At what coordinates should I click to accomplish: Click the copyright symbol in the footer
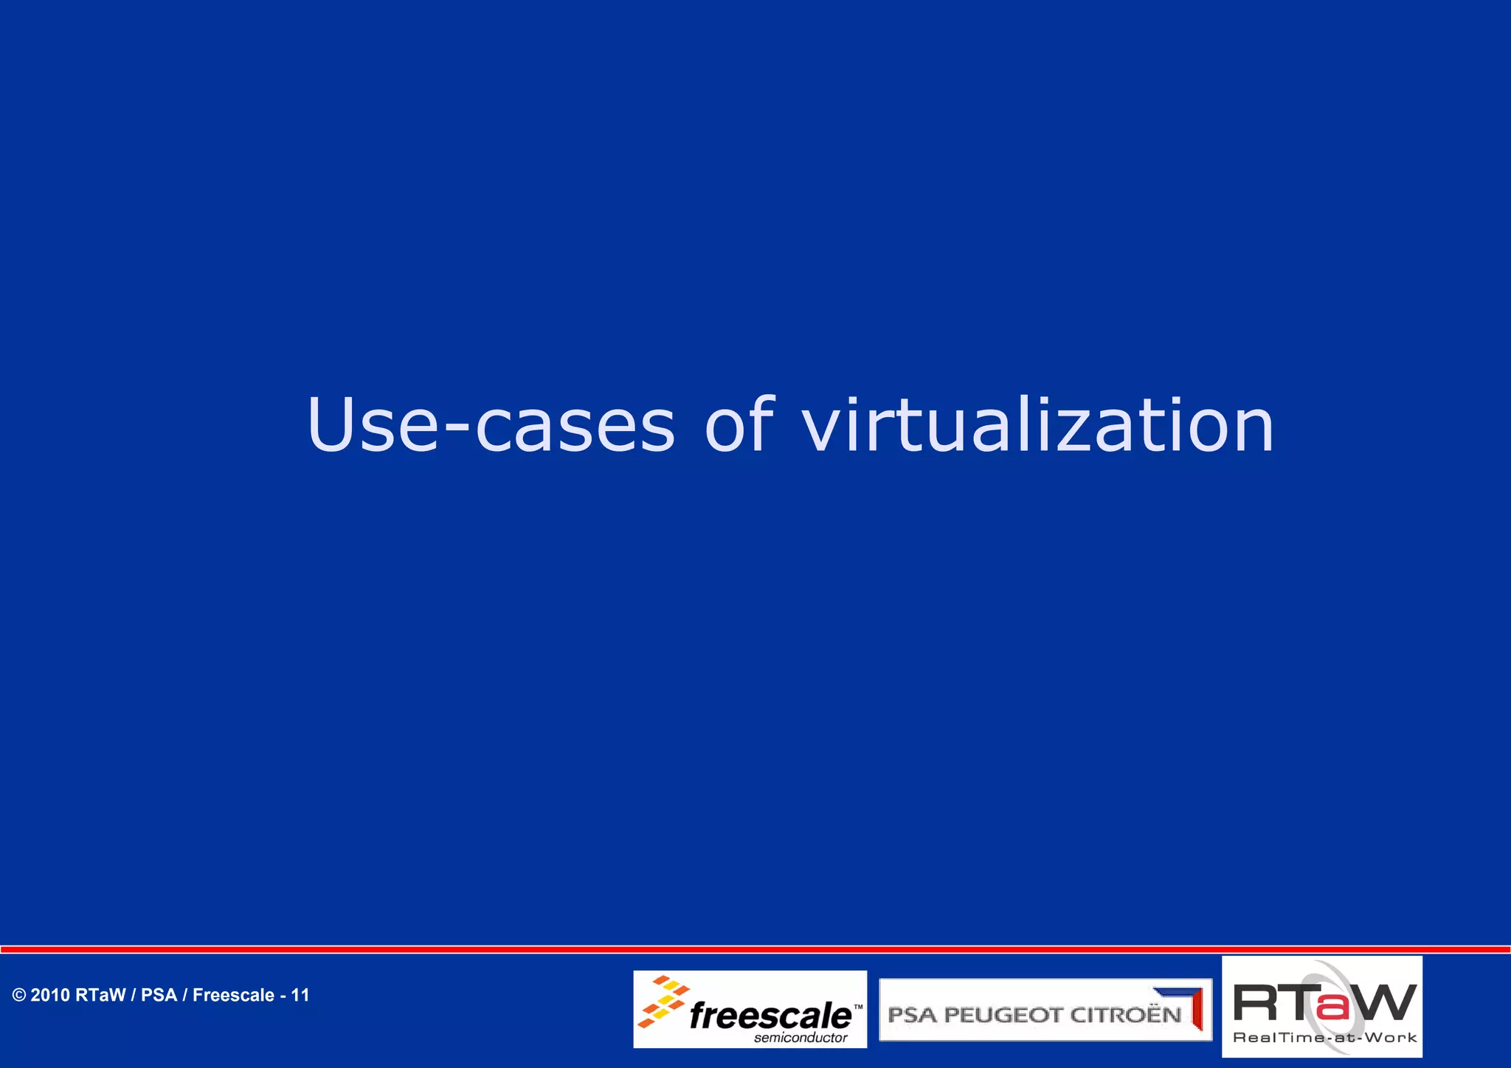coord(19,996)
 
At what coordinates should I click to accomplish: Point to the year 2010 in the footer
coord(50,996)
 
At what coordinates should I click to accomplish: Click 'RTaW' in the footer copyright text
coord(100,996)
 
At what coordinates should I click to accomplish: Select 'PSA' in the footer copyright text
coord(159,996)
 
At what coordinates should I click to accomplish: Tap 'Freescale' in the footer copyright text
coord(233,996)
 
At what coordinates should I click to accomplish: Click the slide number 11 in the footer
coord(300,996)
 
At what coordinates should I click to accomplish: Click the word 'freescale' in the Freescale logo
coord(770,1016)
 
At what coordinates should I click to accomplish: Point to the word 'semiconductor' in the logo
coord(801,1038)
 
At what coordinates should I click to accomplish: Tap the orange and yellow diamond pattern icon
coord(663,1001)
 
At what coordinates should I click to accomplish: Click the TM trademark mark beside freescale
coord(858,1007)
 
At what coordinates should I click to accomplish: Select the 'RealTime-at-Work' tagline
coord(1324,1038)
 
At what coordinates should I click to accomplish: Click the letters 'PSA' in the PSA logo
coord(912,1016)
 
